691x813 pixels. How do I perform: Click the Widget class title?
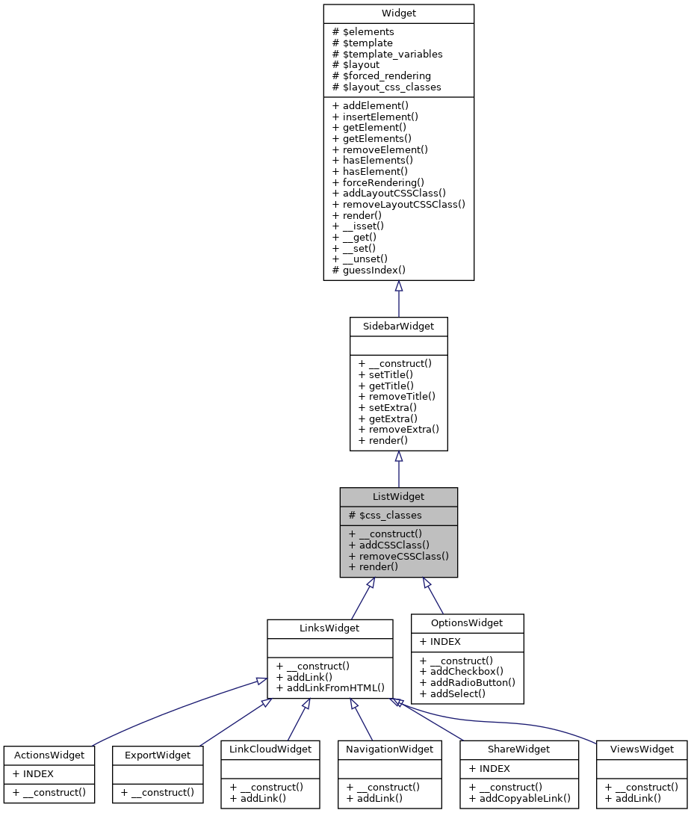click(398, 13)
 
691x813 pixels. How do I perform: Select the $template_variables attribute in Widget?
click(387, 54)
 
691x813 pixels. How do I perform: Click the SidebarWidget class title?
click(398, 327)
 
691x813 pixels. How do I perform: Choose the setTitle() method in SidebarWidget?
click(385, 374)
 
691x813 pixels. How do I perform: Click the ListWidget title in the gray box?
click(398, 497)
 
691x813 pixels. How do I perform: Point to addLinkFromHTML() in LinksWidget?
click(329, 687)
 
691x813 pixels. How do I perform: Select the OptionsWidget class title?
click(467, 623)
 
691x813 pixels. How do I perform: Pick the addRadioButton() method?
click(467, 682)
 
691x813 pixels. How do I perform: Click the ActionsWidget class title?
click(49, 755)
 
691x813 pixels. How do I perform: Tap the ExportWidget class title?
click(158, 755)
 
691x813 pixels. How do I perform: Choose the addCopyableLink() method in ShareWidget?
click(519, 798)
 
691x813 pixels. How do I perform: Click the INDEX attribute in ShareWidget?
click(489, 768)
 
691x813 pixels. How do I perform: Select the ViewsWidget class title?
click(642, 749)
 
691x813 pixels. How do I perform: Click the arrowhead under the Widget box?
click(399, 286)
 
